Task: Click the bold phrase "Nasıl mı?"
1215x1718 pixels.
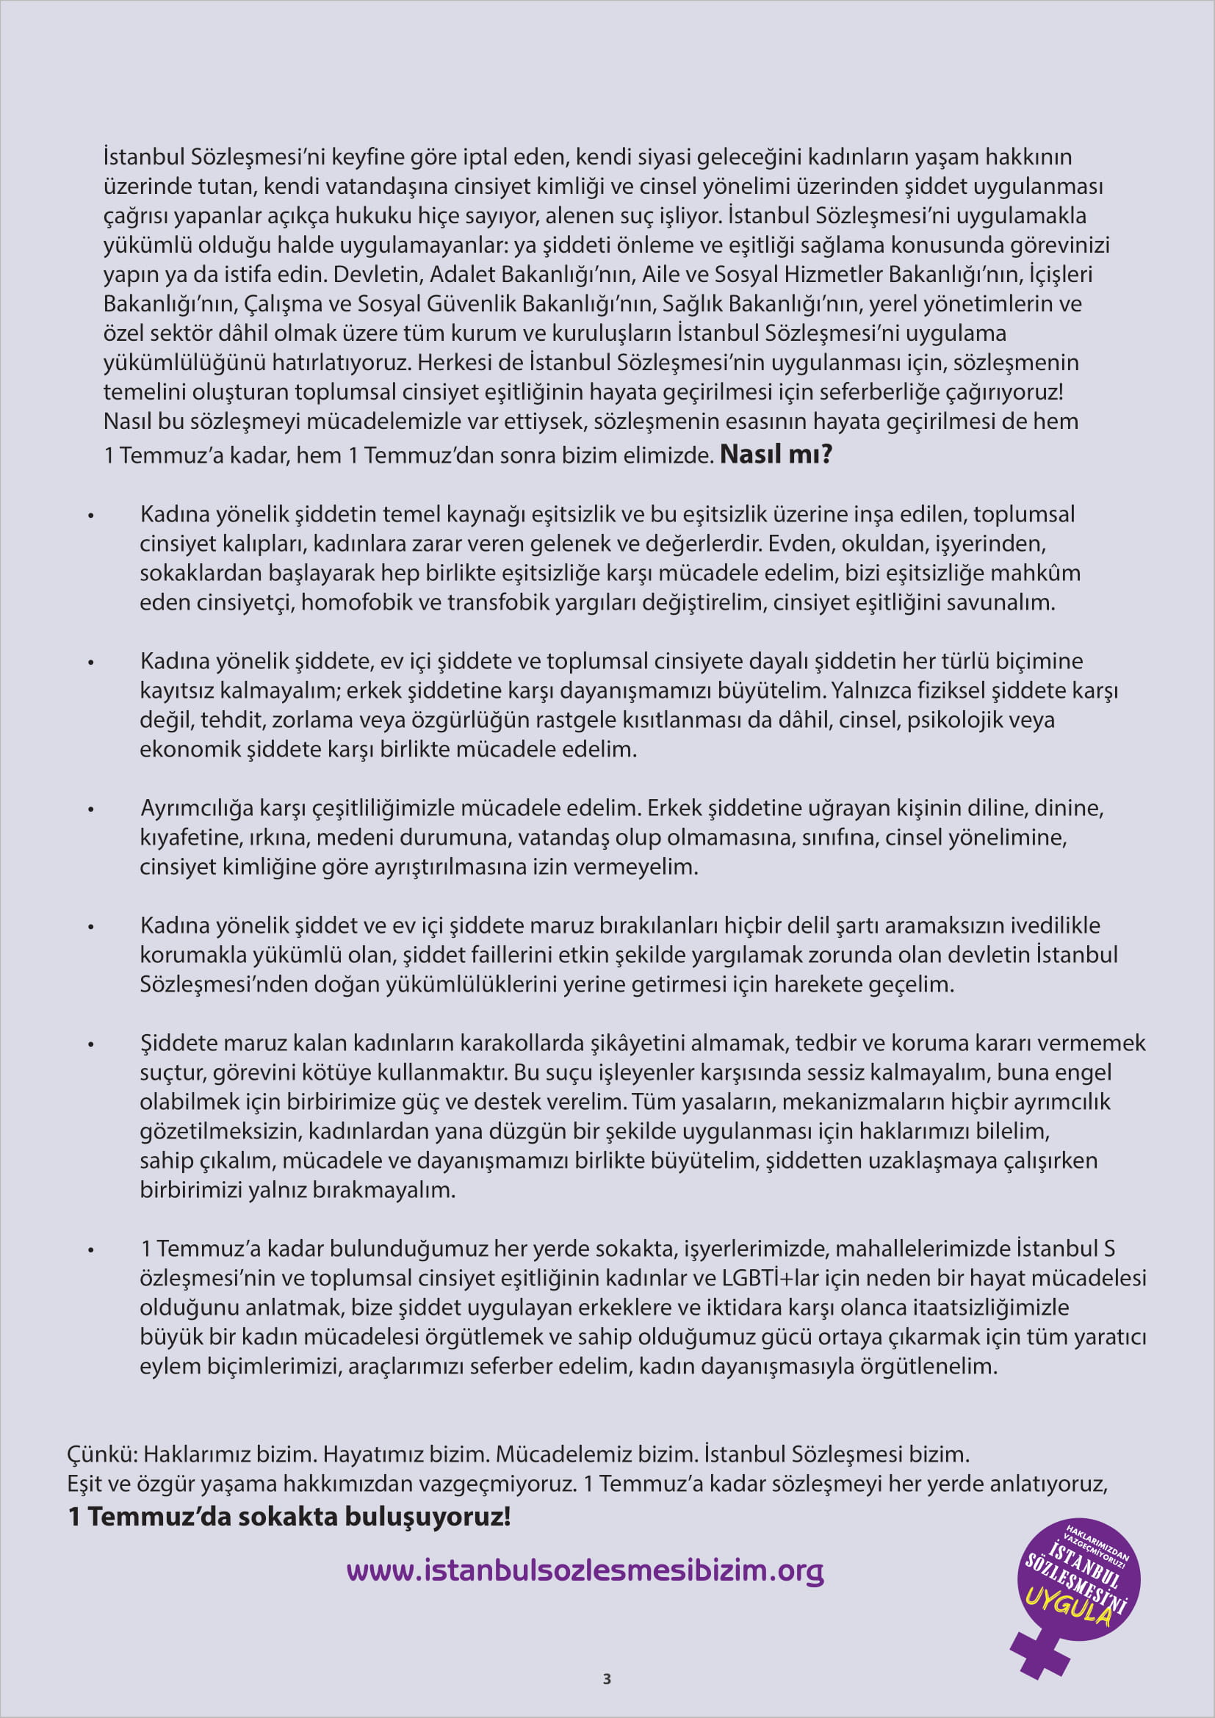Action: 776,454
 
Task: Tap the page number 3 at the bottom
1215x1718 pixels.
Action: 607,1679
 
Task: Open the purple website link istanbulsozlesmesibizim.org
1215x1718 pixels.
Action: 585,1570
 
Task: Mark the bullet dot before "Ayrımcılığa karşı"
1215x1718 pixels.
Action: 91,809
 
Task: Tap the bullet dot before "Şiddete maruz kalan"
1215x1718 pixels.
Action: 91,1044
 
